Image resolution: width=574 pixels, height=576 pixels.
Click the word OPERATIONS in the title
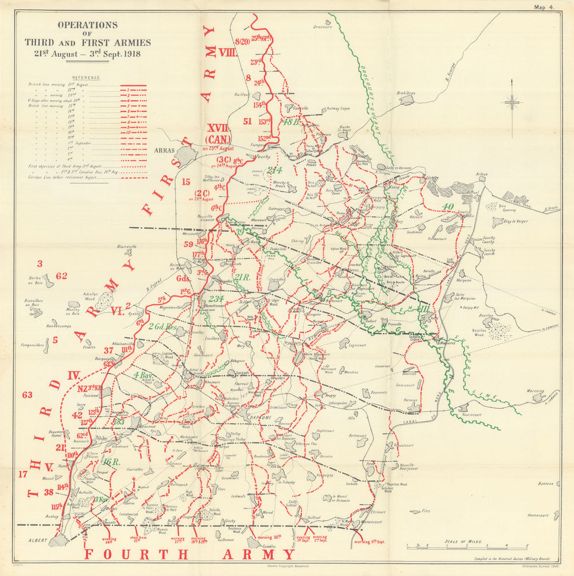click(x=88, y=25)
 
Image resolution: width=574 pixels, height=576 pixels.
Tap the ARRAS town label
click(x=164, y=150)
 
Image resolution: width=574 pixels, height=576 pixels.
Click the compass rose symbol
click(x=512, y=104)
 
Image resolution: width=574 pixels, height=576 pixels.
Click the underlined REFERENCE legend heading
click(x=86, y=77)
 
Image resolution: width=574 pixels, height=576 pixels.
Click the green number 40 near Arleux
click(x=448, y=207)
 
